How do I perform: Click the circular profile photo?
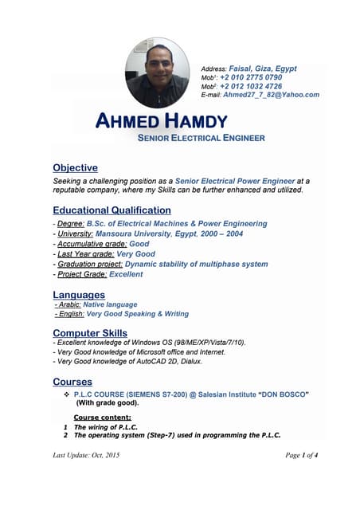158,73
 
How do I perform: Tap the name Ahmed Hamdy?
161,122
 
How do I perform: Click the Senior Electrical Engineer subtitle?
201,138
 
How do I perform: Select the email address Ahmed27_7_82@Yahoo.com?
271,95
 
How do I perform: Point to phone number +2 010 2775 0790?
251,77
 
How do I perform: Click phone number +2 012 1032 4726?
251,86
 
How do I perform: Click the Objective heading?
75,168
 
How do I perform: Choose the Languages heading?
78,295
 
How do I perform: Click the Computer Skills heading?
89,332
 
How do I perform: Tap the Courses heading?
72,382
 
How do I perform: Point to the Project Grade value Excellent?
126,274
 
